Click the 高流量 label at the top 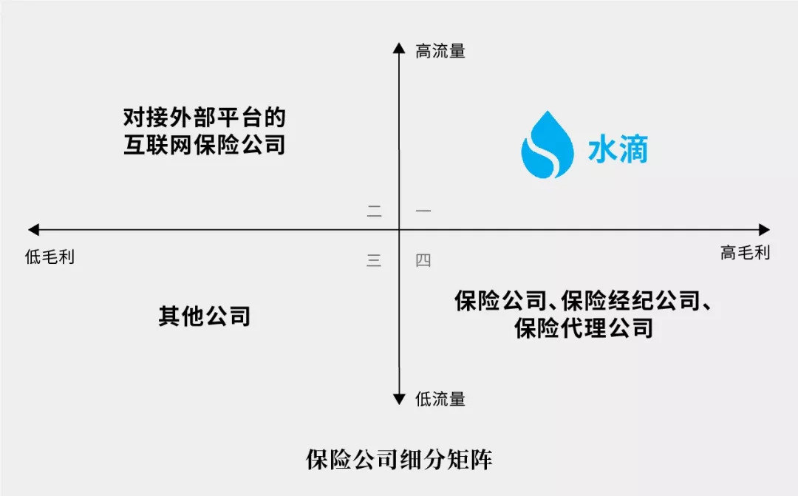[440, 51]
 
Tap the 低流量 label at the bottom [440, 399]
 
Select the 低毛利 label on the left [50, 257]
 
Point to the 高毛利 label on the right [745, 253]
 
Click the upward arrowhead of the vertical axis [399, 49]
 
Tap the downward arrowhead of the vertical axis [399, 399]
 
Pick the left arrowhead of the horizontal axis [33, 230]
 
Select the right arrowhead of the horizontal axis [764, 230]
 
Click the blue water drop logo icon [547, 146]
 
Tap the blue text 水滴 [618, 150]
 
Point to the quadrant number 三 [374, 260]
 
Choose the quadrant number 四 [423, 260]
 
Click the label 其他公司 [204, 316]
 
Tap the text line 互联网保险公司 [204, 144]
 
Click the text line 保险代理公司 [584, 327]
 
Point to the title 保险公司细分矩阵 [399, 460]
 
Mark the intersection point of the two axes [399, 230]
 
